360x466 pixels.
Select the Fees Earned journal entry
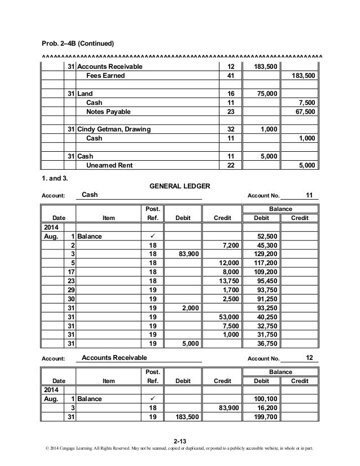point(104,76)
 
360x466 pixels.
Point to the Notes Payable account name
point(109,112)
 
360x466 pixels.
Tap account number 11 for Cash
point(309,195)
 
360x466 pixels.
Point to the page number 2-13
point(179,441)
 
